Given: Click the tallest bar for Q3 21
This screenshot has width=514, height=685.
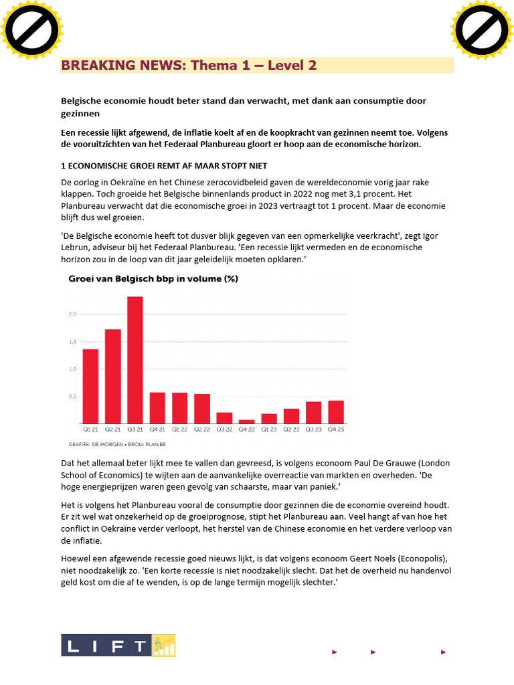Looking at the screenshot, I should pyautogui.click(x=135, y=360).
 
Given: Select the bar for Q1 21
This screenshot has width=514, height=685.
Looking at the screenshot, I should pyautogui.click(x=90, y=386).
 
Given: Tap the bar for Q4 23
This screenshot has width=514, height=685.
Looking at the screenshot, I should pyautogui.click(x=336, y=411).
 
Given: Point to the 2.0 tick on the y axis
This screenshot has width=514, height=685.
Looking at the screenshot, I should pyautogui.click(x=72, y=314).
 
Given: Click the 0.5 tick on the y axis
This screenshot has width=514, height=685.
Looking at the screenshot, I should pyautogui.click(x=72, y=397).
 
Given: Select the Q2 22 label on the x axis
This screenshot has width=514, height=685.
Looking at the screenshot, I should pyautogui.click(x=202, y=429).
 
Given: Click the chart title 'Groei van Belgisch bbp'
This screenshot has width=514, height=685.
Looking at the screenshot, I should pyautogui.click(x=153, y=279).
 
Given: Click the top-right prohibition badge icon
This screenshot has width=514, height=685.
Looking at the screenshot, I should pyautogui.click(x=482, y=29).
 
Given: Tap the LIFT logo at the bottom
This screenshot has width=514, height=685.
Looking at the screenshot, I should pyautogui.click(x=118, y=646).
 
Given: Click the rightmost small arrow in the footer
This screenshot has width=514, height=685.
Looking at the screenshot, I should pyautogui.click(x=442, y=652).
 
